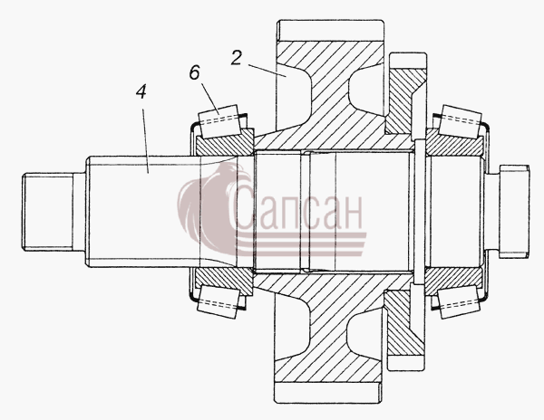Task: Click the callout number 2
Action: coord(237,58)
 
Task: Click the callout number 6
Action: coord(195,73)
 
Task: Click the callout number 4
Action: coord(141,91)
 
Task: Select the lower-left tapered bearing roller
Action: coord(219,301)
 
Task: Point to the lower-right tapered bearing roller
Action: coord(460,301)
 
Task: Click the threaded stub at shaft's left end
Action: coord(48,212)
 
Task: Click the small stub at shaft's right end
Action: coord(514,212)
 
